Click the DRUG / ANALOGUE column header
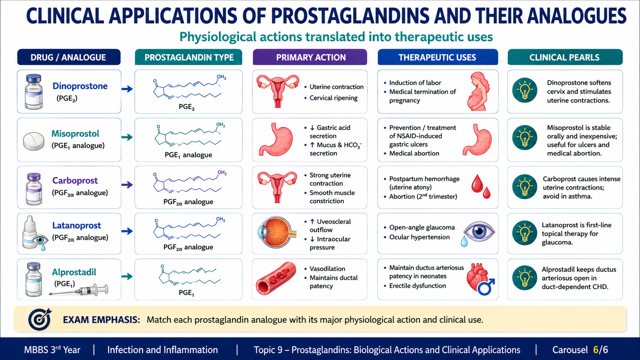click(68, 57)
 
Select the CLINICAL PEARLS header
click(565, 57)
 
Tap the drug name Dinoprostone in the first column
click(80, 86)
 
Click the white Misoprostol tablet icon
click(34, 141)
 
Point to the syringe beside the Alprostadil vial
click(78, 290)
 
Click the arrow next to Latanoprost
click(127, 231)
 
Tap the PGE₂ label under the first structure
click(186, 107)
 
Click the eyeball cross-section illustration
click(277, 232)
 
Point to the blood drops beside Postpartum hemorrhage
click(481, 186)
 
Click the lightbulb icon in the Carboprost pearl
click(524, 187)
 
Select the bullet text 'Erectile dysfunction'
click(418, 286)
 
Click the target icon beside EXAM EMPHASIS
click(40, 319)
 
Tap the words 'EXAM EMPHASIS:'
click(102, 320)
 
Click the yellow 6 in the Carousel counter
click(596, 350)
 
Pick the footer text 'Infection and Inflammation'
click(162, 350)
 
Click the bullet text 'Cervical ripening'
click(334, 98)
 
